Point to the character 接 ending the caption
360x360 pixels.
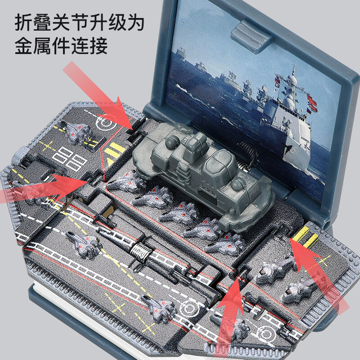(x=98, y=46)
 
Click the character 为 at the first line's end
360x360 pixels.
(x=135, y=22)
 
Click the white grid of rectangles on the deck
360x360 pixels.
(x=69, y=158)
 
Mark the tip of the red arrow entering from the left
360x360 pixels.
(x=88, y=181)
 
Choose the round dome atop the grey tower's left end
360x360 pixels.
(x=172, y=141)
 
